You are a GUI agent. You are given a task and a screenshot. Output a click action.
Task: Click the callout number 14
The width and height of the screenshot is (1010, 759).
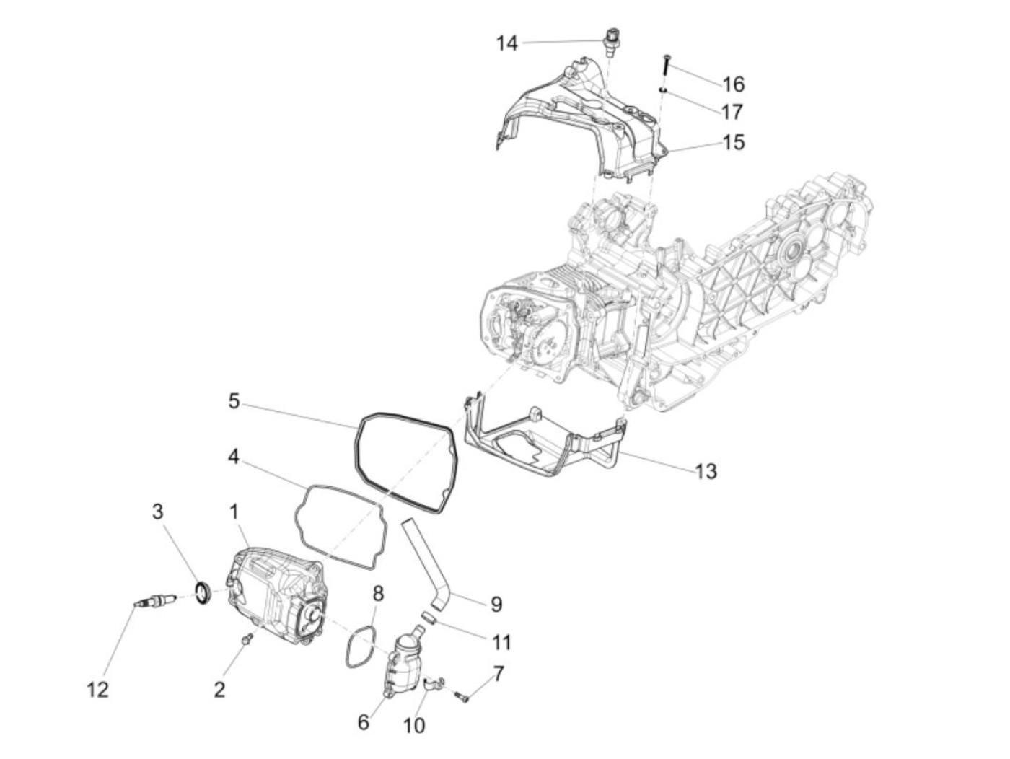point(506,43)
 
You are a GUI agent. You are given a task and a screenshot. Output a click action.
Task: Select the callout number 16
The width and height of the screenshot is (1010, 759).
point(733,84)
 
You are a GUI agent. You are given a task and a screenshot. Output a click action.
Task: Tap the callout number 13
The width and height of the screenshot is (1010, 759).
point(706,471)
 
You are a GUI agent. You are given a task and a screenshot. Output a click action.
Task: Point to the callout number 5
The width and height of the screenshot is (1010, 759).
point(234,400)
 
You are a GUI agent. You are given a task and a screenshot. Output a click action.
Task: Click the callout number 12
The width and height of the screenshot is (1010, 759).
point(98,689)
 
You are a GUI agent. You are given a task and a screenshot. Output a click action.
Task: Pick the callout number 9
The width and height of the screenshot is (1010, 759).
point(496,604)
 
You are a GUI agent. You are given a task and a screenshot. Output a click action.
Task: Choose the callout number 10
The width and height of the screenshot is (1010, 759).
point(414,724)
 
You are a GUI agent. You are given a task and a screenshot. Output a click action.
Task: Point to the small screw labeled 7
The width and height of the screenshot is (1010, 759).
point(462,696)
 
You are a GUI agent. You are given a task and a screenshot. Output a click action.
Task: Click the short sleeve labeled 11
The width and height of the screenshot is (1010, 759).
point(428,618)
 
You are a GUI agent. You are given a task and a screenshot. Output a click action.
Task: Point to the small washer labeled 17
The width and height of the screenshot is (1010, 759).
point(662,90)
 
